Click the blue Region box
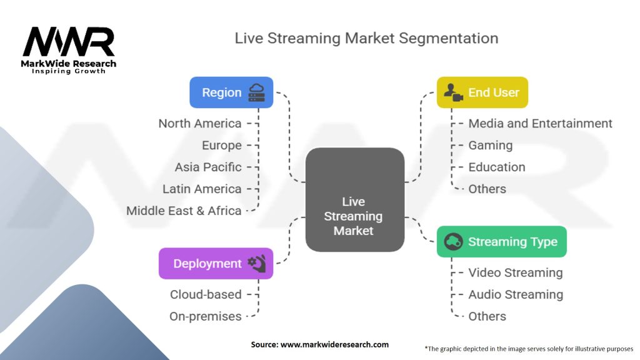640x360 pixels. coord(231,92)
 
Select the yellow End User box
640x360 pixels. coord(482,92)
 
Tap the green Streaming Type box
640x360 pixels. coord(502,242)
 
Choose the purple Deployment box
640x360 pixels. coord(216,264)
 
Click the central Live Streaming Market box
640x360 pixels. coord(355,199)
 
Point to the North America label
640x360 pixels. coord(200,123)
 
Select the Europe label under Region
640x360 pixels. coord(222,145)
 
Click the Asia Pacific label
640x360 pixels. coord(208,167)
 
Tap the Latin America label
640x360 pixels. coord(202,189)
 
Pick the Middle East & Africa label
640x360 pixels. coord(184,211)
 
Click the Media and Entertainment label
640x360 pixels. coord(540,123)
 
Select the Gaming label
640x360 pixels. coord(490,146)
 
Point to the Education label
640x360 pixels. coord(497,167)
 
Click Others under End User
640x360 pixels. coord(487,189)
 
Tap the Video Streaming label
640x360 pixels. coord(516,272)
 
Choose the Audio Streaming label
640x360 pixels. coord(516,295)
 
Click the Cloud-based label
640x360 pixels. coord(206,294)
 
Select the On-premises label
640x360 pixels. coord(205,316)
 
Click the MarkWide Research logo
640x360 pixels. coord(69,50)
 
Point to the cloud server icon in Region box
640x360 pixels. coord(257,92)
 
